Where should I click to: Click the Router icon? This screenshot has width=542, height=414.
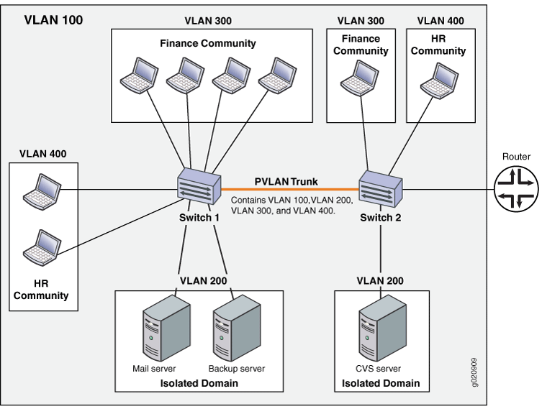click(515, 190)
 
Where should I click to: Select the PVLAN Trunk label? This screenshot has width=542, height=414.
click(286, 181)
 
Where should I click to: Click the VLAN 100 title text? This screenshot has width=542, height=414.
click(53, 19)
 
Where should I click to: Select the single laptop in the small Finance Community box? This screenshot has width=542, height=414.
click(361, 78)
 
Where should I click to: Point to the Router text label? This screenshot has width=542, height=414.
click(515, 157)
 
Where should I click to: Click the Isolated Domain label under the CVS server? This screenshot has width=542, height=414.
click(381, 383)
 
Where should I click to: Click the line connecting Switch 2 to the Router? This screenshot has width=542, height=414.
click(446, 190)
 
